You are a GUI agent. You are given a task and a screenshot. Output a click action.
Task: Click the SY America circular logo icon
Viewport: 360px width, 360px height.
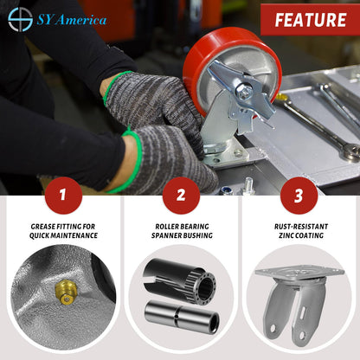tap(20, 20)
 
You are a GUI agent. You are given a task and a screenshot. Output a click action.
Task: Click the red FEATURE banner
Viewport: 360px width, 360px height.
tap(311, 20)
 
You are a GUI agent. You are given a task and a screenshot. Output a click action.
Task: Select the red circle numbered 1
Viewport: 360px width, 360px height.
tap(63, 196)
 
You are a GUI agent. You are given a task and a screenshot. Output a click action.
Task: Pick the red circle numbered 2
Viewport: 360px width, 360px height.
tap(181, 196)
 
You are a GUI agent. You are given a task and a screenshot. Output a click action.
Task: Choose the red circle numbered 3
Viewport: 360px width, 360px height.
tap(299, 196)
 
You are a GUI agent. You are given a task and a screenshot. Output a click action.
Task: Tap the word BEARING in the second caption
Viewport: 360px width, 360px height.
tap(195, 227)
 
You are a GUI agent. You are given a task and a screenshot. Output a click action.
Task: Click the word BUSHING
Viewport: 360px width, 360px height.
tap(198, 235)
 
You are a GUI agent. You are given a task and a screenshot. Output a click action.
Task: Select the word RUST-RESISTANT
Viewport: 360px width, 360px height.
tap(301, 227)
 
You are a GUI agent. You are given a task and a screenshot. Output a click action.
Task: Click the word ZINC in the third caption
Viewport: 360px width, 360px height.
tap(286, 235)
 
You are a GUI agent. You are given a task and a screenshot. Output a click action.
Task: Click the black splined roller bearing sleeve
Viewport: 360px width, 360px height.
tap(179, 280)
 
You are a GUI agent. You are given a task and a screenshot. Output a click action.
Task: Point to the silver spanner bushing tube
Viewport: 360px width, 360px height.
tap(182, 317)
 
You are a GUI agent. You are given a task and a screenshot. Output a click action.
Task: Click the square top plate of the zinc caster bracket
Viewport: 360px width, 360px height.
tap(299, 272)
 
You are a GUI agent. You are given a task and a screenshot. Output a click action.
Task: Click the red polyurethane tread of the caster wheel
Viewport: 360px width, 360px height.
tap(202, 58)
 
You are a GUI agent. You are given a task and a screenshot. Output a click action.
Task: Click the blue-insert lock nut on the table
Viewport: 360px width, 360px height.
tap(227, 190)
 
